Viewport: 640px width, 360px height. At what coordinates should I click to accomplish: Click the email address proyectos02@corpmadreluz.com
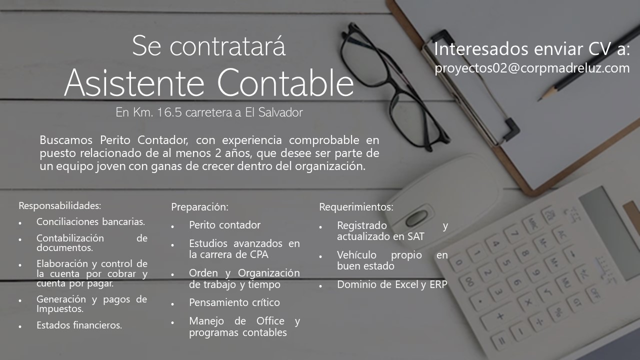click(532, 68)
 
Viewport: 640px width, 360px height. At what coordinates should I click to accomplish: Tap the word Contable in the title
click(285, 83)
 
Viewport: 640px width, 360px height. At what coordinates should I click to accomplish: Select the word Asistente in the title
click(134, 83)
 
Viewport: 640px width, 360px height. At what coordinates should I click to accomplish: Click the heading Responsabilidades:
click(60, 205)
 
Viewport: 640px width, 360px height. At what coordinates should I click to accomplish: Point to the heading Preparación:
click(199, 207)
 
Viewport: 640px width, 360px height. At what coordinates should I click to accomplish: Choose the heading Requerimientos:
click(356, 207)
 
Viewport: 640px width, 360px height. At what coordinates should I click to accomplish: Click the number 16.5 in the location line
click(169, 112)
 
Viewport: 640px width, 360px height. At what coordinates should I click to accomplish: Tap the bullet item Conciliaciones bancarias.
click(91, 221)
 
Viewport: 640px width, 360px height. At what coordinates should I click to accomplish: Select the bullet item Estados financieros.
click(79, 325)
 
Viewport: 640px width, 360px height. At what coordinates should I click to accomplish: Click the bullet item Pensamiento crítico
click(234, 302)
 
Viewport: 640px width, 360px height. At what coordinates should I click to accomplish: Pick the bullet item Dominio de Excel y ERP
click(392, 284)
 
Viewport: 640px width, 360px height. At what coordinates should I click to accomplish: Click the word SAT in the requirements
click(416, 236)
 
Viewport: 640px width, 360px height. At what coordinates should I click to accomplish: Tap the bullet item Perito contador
click(225, 225)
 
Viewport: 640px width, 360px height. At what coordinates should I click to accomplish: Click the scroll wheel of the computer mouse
click(416, 218)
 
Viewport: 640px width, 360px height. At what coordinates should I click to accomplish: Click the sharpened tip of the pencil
click(539, 100)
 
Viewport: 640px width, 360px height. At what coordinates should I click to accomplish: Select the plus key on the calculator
click(500, 316)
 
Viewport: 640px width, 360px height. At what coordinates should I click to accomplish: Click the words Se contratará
click(209, 46)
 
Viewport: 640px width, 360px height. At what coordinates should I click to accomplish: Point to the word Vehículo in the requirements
click(356, 255)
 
